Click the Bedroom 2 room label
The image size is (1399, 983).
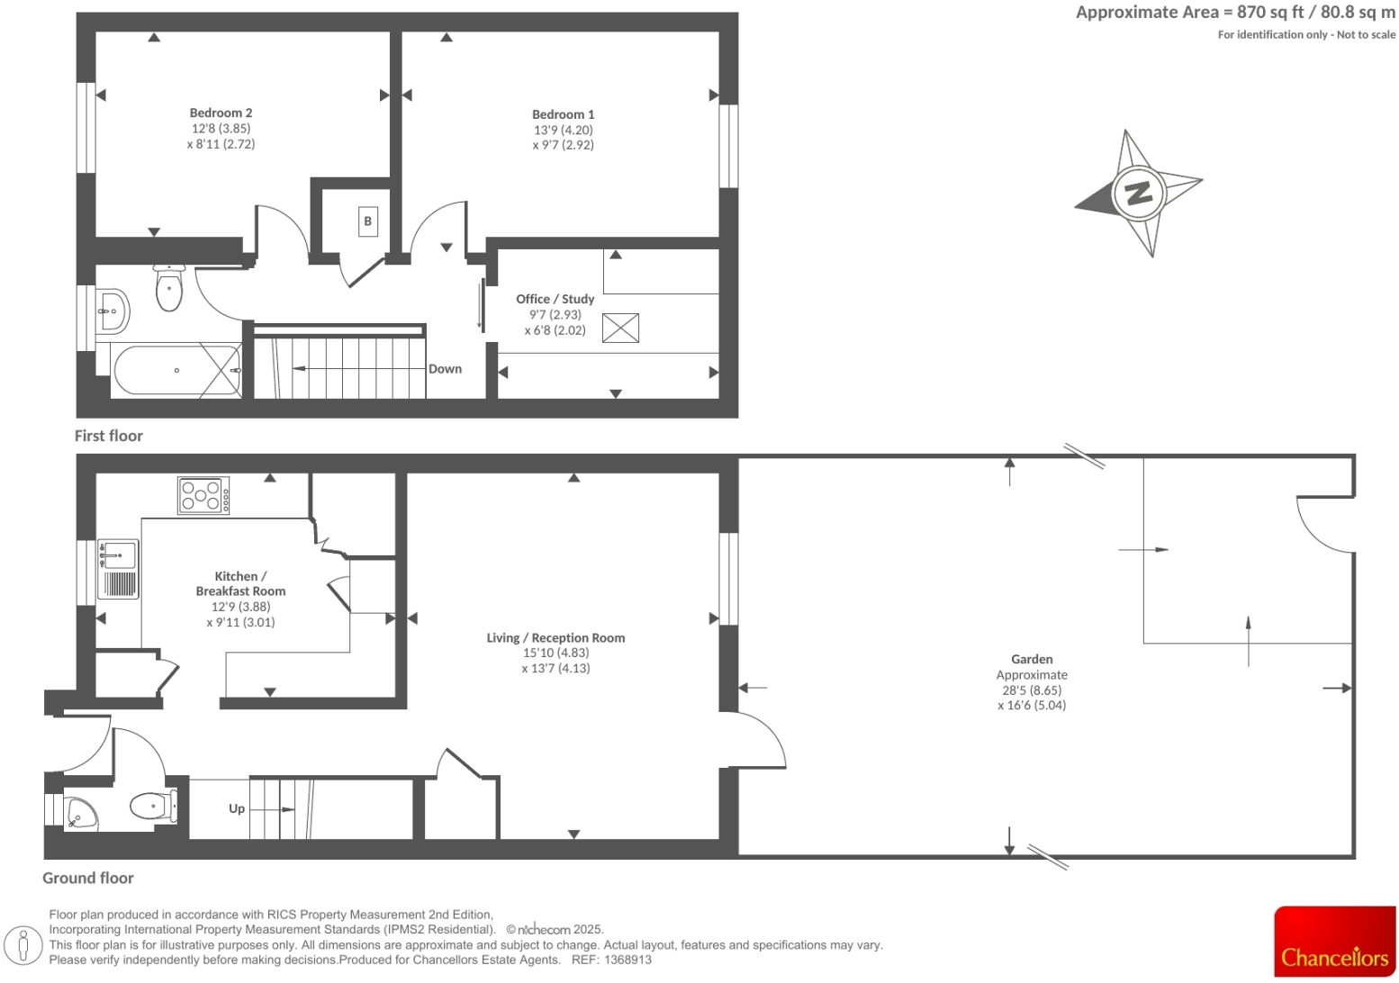click(x=221, y=113)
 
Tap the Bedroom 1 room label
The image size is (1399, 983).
click(x=563, y=114)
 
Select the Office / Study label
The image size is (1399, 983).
click(x=555, y=299)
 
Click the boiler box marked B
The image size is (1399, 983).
click(x=367, y=221)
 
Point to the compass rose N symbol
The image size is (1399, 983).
click(x=1138, y=193)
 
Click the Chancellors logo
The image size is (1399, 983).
click(x=1334, y=942)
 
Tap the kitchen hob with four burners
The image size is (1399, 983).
click(x=203, y=496)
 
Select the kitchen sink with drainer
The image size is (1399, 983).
click(x=117, y=569)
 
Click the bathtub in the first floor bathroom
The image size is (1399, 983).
click(x=176, y=371)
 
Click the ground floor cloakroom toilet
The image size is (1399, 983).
click(x=152, y=805)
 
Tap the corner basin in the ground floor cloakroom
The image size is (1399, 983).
click(x=81, y=813)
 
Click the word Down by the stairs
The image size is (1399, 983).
click(x=445, y=369)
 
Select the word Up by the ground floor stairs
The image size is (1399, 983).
click(x=237, y=808)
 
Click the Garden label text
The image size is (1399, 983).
click(x=1032, y=660)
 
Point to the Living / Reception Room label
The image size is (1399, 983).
click(x=555, y=638)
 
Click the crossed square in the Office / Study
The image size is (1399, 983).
click(x=620, y=329)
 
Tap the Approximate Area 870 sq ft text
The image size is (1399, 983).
click(x=1235, y=13)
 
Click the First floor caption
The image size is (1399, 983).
click(x=109, y=436)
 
